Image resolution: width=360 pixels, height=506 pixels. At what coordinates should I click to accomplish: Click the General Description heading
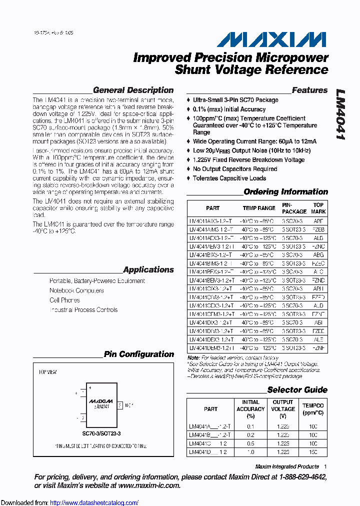[x=133, y=90]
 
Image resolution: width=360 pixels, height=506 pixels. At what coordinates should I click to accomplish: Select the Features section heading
[x=309, y=90]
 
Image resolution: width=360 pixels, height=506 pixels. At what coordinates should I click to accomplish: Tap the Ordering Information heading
[x=285, y=192]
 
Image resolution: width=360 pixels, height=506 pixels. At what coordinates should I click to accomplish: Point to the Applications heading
[x=148, y=270]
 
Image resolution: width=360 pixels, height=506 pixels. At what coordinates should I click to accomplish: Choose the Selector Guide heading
[x=297, y=390]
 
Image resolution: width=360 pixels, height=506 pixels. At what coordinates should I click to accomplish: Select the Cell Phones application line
[x=64, y=300]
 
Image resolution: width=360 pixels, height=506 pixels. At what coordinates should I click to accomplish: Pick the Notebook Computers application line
[x=76, y=291]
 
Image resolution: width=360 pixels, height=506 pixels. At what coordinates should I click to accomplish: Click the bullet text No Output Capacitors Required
[x=235, y=169]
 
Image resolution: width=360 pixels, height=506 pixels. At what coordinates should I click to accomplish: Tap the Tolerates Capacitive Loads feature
[x=229, y=178]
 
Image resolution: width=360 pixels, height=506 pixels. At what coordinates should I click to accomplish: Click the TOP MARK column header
[x=318, y=208]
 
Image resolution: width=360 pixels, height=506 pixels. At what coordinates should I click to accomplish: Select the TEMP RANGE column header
[x=259, y=208]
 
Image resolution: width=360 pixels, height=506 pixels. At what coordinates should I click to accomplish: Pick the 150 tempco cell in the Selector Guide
[x=313, y=452]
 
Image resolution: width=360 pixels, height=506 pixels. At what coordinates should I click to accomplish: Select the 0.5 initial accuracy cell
[x=250, y=443]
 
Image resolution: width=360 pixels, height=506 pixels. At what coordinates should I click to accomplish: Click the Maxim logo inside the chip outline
[x=100, y=400]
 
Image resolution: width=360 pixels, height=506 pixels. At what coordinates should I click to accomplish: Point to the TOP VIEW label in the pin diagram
[x=47, y=372]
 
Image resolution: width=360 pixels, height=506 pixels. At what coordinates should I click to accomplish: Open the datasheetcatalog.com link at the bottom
[x=94, y=502]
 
